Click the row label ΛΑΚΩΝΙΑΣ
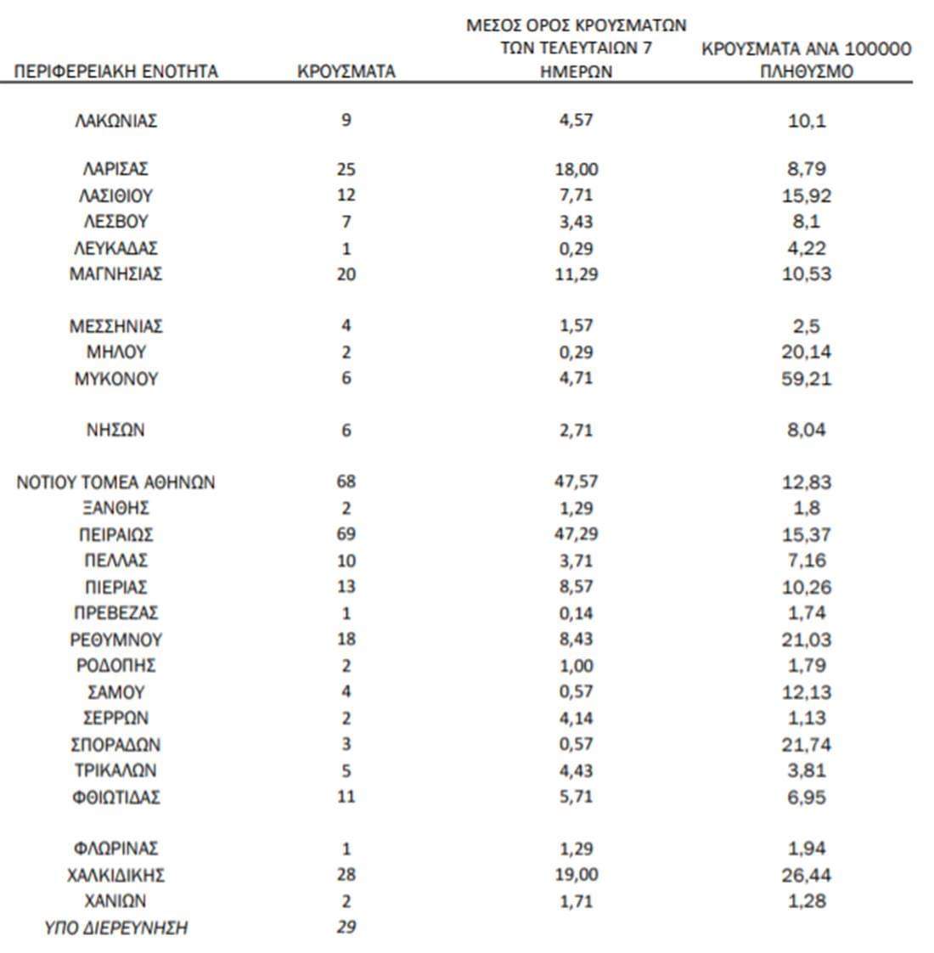115,121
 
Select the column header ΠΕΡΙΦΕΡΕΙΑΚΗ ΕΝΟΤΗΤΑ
115,72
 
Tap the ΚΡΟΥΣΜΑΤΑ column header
346,72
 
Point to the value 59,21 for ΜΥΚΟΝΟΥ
806,379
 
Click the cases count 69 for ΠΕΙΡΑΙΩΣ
346,535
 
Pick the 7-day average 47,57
577,482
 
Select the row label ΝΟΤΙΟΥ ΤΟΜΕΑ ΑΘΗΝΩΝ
115,483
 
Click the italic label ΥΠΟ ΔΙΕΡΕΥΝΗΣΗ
115,928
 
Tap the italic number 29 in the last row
346,928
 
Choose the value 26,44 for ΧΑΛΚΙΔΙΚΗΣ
806,875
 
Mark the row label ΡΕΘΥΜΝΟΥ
115,640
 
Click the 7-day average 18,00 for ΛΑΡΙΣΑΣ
577,170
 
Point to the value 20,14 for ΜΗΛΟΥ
806,352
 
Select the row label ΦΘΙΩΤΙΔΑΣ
115,798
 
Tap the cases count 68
346,482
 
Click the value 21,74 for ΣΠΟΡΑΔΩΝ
806,745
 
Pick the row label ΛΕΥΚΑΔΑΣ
115,249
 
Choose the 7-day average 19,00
577,875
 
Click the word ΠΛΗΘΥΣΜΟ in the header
806,72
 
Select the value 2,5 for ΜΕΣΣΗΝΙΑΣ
806,326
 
